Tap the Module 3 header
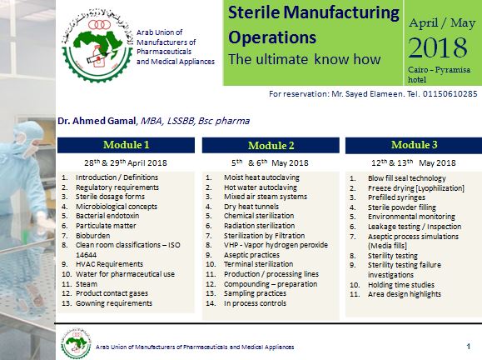point(415,144)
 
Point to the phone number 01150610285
point(448,94)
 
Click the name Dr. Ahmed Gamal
point(91,121)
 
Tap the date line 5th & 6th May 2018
point(271,162)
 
